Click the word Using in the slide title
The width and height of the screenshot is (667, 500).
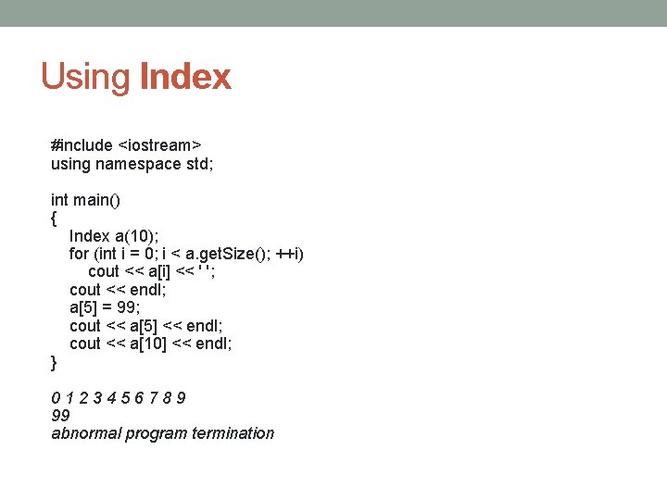[x=86, y=77]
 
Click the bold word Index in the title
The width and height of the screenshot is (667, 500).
[x=185, y=77]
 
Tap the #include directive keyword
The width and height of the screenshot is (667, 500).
[x=82, y=145]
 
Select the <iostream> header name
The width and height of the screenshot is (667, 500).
[x=160, y=145]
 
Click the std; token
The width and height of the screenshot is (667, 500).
[x=194, y=164]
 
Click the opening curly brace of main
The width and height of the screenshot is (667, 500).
[x=54, y=219]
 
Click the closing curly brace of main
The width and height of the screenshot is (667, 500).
[x=54, y=362]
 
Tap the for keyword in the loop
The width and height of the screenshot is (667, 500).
[x=79, y=254]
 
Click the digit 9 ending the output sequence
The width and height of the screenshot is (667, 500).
[x=181, y=398]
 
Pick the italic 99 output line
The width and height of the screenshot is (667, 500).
[x=60, y=416]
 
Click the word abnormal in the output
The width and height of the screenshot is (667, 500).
[x=84, y=433]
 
